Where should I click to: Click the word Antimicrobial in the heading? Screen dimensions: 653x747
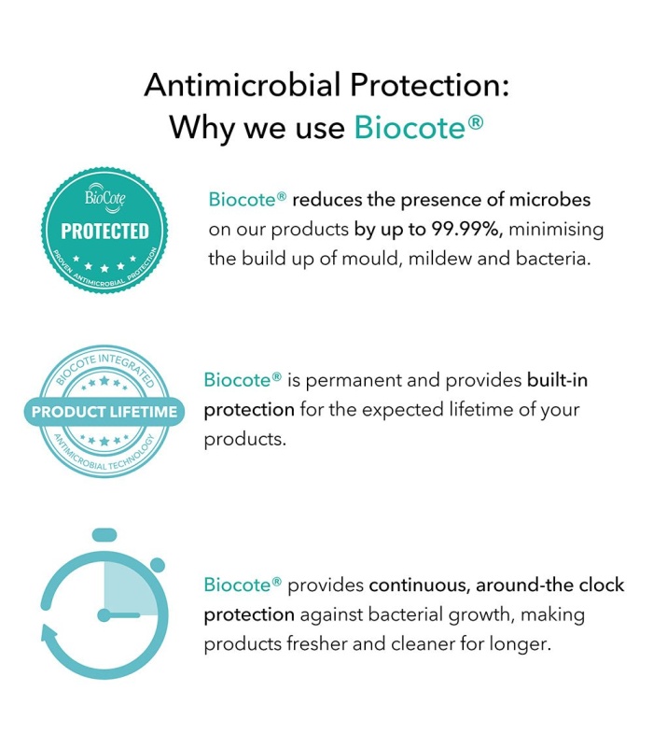(x=243, y=85)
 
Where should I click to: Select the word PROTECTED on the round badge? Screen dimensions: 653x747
(x=104, y=232)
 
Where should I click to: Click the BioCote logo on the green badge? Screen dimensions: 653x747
(x=105, y=197)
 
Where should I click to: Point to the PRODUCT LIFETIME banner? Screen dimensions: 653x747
(x=104, y=412)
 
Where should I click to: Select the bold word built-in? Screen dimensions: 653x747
(x=557, y=380)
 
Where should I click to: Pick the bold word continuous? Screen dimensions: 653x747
(x=419, y=585)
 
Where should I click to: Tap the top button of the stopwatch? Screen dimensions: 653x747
(x=104, y=534)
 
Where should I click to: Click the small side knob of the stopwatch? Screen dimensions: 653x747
(x=158, y=565)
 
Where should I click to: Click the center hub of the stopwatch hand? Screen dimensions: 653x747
(x=104, y=615)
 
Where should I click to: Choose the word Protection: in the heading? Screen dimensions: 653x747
(x=430, y=85)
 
